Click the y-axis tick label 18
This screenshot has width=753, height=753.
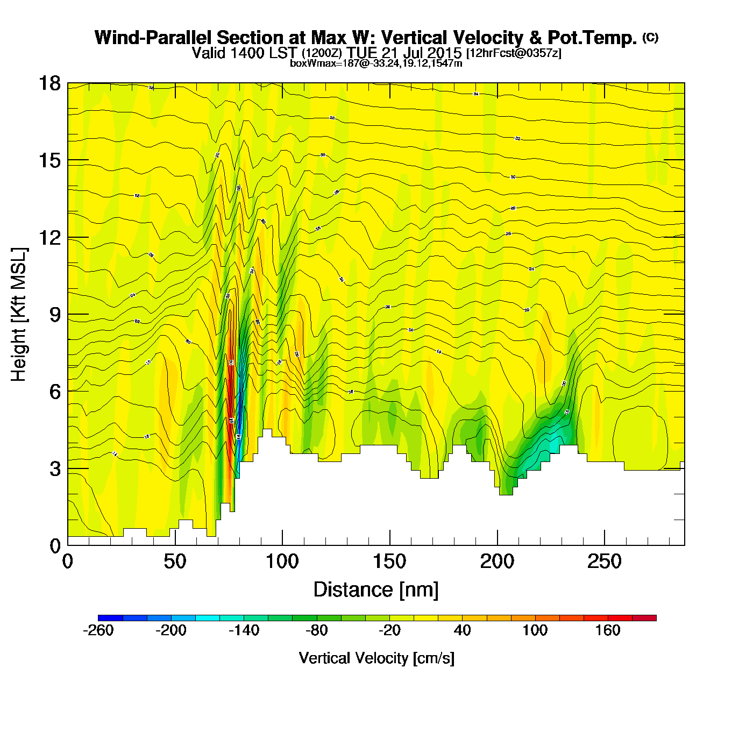(x=49, y=83)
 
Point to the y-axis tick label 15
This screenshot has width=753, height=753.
(x=49, y=160)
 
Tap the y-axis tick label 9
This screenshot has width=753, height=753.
(x=55, y=314)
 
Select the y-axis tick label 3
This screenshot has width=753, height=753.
(x=55, y=468)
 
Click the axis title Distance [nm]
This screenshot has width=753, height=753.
(x=376, y=589)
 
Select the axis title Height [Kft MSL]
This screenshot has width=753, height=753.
(x=19, y=315)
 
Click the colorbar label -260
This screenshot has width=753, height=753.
(x=98, y=630)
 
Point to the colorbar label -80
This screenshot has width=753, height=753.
(x=317, y=630)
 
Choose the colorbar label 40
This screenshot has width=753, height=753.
(x=463, y=630)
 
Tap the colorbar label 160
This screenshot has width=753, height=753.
(x=608, y=630)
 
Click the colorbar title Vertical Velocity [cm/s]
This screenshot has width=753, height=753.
(x=376, y=658)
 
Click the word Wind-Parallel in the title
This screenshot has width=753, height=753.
(x=154, y=38)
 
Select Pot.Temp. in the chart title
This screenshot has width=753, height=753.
(x=592, y=38)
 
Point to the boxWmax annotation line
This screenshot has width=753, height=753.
(x=376, y=63)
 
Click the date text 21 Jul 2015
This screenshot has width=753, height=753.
(x=421, y=53)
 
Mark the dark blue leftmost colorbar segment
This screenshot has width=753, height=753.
(x=110, y=618)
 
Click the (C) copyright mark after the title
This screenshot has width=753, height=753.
(x=650, y=37)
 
